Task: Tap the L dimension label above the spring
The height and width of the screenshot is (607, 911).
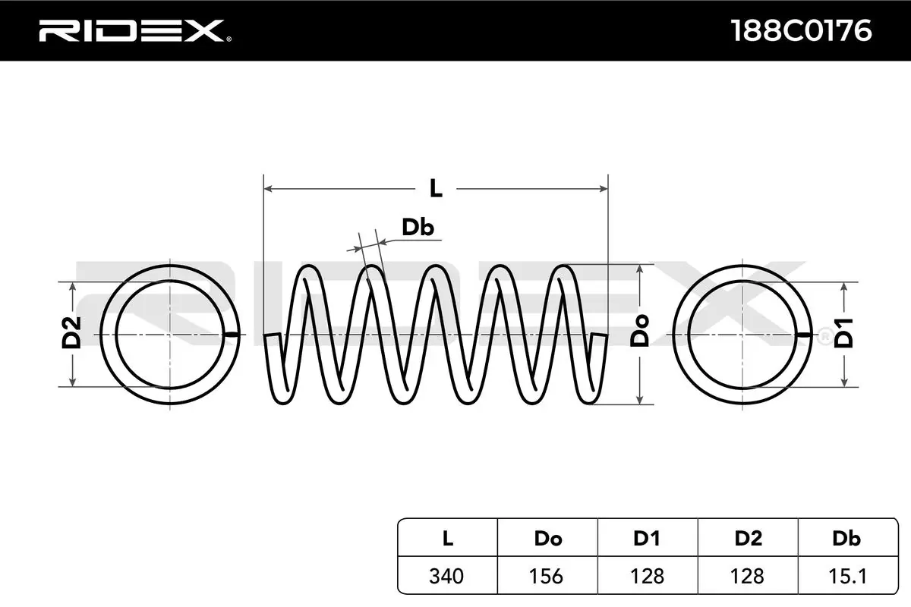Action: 435,187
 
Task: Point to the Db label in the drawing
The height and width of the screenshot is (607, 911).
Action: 418,227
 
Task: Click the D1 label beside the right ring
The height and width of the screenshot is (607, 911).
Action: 844,334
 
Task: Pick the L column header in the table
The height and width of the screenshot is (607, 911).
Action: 447,539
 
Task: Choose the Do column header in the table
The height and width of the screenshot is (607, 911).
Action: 547,539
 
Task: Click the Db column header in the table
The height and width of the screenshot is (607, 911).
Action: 846,539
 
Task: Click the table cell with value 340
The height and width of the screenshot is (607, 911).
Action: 447,576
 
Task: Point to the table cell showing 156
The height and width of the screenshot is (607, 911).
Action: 547,576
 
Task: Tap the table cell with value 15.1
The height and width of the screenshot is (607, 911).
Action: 846,576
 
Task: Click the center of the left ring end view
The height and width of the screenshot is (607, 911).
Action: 170,335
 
